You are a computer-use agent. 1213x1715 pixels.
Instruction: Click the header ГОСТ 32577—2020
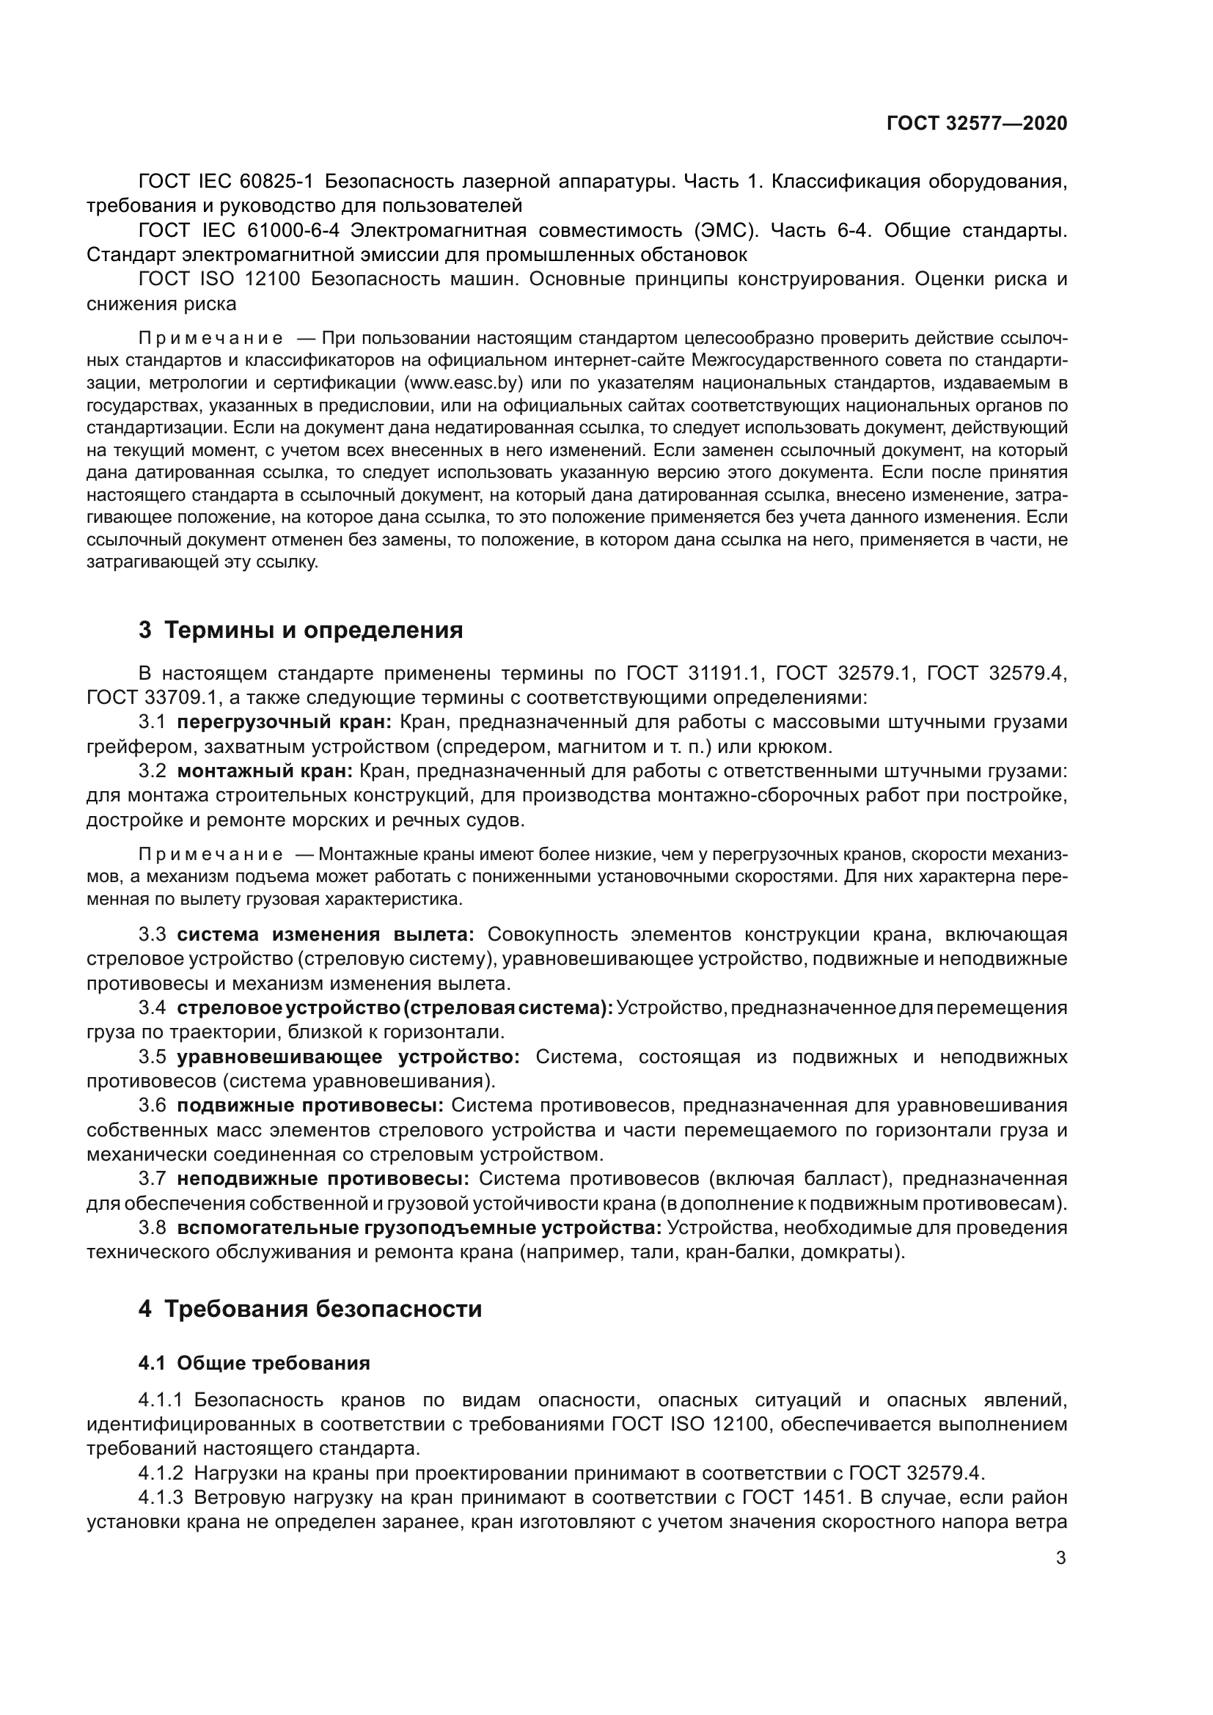(x=976, y=124)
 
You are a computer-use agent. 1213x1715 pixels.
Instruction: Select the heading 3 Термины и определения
(x=300, y=631)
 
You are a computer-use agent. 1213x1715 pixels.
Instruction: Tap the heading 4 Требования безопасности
(x=310, y=1310)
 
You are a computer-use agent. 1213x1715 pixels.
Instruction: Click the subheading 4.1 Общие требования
(x=254, y=1363)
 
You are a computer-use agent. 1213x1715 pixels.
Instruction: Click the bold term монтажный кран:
(x=265, y=771)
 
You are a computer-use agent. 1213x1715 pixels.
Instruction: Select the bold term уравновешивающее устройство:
(x=348, y=1057)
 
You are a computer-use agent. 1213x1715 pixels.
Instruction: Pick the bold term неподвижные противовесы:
(x=323, y=1179)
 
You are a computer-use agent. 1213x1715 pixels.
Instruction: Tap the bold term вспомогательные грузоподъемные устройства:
(x=419, y=1228)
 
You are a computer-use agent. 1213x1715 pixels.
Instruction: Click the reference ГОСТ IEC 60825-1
(x=227, y=182)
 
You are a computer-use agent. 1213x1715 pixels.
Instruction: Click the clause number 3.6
(x=153, y=1106)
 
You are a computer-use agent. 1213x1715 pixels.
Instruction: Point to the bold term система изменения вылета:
(x=325, y=934)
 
